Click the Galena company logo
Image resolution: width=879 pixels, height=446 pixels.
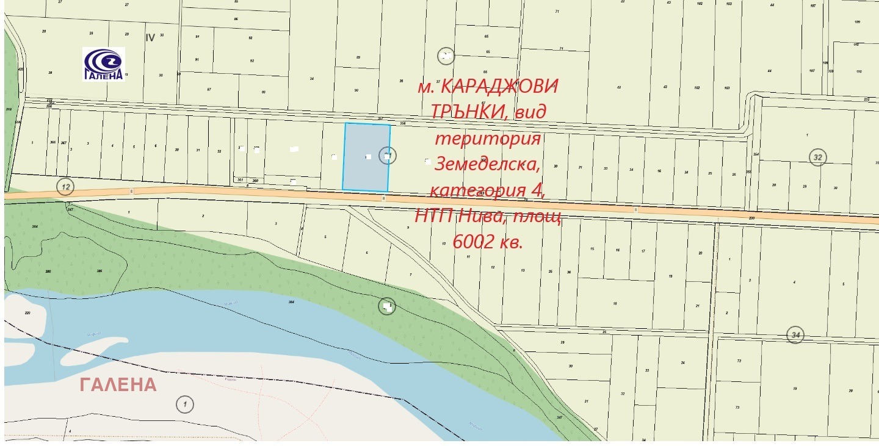pyautogui.click(x=104, y=63)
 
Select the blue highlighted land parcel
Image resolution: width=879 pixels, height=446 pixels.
pyautogui.click(x=367, y=157)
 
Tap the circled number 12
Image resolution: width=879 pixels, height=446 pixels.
pyautogui.click(x=65, y=185)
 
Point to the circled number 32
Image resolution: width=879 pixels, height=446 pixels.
pyautogui.click(x=818, y=157)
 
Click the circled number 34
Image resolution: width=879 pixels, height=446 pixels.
pyautogui.click(x=795, y=334)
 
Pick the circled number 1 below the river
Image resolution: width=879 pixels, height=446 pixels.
pyautogui.click(x=184, y=403)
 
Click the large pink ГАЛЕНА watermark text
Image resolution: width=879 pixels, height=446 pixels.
pyautogui.click(x=118, y=384)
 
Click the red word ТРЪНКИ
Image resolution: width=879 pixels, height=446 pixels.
pyautogui.click(x=470, y=112)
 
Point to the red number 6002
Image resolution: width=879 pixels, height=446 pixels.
pyautogui.click(x=474, y=242)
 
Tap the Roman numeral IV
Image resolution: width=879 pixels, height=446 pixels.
pyautogui.click(x=150, y=37)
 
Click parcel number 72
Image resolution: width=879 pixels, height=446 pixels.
pyautogui.click(x=738, y=361)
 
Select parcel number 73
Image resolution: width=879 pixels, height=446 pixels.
pyautogui.click(x=737, y=408)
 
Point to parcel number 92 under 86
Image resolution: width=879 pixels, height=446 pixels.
pyautogui.click(x=251, y=38)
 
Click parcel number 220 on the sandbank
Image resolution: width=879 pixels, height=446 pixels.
pyautogui.click(x=27, y=313)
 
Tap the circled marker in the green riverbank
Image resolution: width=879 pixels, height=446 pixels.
pyautogui.click(x=387, y=306)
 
